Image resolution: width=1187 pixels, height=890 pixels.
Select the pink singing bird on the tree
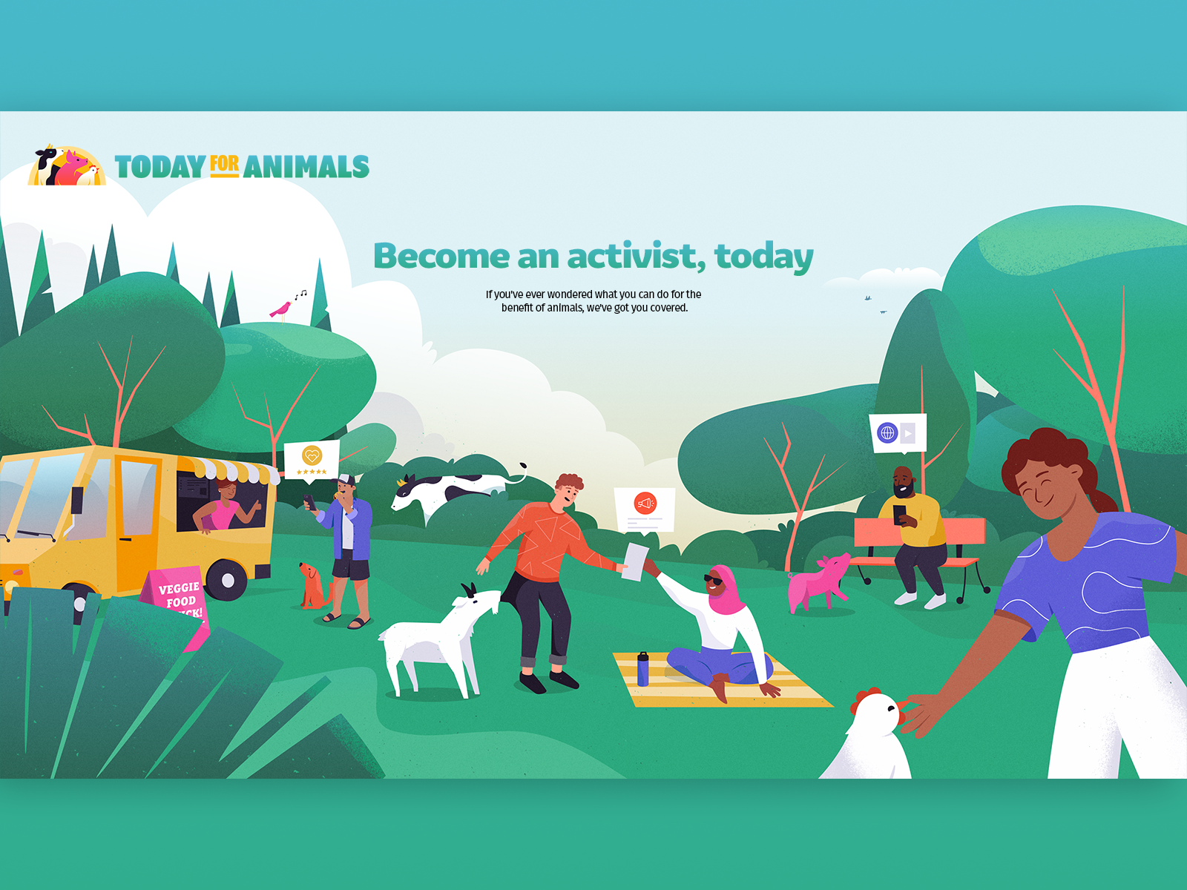tap(280, 309)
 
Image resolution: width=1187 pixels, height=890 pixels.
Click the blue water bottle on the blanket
tap(642, 669)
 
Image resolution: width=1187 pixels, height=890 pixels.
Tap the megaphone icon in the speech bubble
tap(645, 504)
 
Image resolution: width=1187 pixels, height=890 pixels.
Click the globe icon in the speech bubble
tap(887, 432)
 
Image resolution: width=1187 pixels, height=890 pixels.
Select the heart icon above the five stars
tap(312, 455)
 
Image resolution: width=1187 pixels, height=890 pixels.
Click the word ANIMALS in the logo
tap(306, 167)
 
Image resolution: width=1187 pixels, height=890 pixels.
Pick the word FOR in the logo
tap(224, 165)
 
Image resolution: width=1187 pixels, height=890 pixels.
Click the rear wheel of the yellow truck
tap(227, 580)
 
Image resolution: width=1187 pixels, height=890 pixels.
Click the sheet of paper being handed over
tap(636, 561)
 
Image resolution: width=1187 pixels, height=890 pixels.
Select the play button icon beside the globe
tap(908, 433)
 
